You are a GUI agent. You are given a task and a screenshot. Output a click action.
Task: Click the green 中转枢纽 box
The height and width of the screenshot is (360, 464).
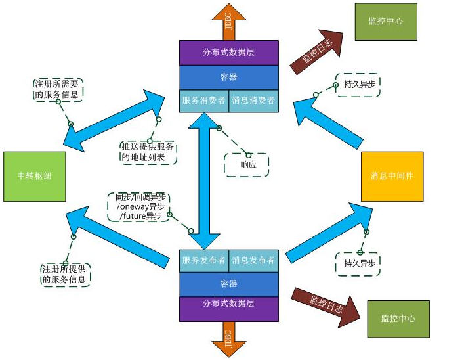click(35, 177)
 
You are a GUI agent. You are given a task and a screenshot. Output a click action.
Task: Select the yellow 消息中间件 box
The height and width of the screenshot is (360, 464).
click(392, 177)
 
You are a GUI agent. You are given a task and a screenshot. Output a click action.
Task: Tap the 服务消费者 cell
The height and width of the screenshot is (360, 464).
click(203, 101)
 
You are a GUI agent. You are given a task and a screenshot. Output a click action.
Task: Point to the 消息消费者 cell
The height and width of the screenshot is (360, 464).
click(253, 101)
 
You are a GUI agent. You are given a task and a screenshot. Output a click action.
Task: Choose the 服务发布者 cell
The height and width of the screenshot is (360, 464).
click(203, 260)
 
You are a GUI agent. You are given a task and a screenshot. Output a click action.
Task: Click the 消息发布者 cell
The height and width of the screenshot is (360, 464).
click(253, 260)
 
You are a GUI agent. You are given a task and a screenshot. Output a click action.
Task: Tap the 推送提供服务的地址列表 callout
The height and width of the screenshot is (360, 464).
click(148, 152)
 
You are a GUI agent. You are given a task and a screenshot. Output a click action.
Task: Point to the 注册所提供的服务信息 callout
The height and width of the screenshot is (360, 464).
click(65, 275)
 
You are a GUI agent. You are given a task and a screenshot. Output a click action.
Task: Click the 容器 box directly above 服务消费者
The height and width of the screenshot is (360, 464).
click(228, 77)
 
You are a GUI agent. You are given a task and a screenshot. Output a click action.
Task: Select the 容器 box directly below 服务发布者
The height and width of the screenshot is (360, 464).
click(228, 284)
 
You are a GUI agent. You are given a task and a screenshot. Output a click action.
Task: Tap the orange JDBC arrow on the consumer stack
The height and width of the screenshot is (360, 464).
click(228, 23)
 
